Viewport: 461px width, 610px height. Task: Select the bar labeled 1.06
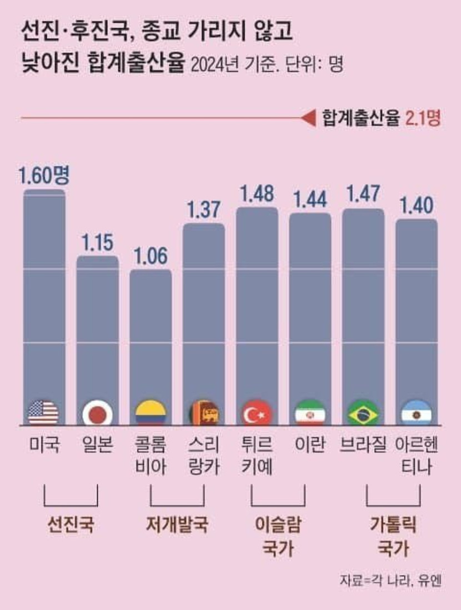(x=151, y=344)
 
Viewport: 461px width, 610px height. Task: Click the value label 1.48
(x=257, y=194)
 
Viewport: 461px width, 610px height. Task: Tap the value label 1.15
(x=97, y=243)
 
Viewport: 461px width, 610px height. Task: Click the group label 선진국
(x=71, y=524)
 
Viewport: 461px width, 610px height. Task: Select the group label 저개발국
(x=177, y=524)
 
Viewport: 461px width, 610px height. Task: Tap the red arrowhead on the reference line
(x=307, y=118)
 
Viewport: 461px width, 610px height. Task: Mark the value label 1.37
(x=204, y=210)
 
